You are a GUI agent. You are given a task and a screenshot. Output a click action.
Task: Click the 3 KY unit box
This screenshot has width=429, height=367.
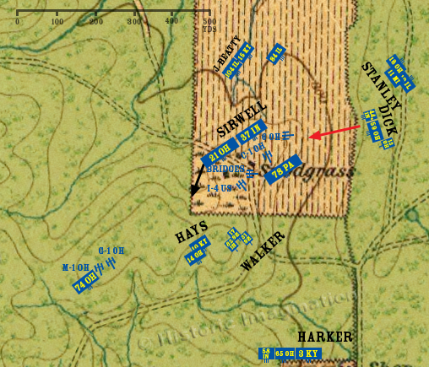[312, 353]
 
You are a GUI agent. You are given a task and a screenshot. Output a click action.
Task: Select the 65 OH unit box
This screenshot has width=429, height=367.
[284, 353]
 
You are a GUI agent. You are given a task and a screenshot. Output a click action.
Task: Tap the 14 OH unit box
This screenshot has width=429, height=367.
[195, 254]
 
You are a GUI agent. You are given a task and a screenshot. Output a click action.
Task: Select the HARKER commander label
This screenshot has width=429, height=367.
[324, 337]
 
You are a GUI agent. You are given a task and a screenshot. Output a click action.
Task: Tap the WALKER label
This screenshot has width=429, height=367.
[263, 250]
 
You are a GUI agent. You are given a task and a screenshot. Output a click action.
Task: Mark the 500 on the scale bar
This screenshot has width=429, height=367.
[209, 22]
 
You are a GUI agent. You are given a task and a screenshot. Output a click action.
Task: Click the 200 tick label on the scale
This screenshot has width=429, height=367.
[95, 22]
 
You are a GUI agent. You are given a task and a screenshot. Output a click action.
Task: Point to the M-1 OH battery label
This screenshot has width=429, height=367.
[75, 267]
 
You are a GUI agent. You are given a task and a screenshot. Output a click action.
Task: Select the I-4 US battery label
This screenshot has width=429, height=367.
[219, 187]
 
